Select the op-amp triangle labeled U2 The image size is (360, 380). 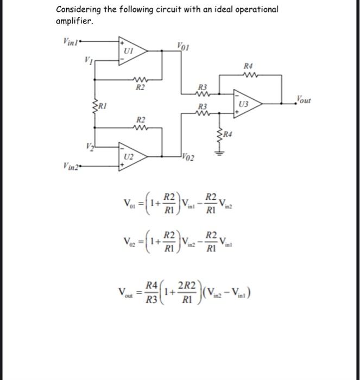(x=130, y=155)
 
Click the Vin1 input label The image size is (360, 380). (x=70, y=39)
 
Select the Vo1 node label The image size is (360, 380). (x=183, y=46)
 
